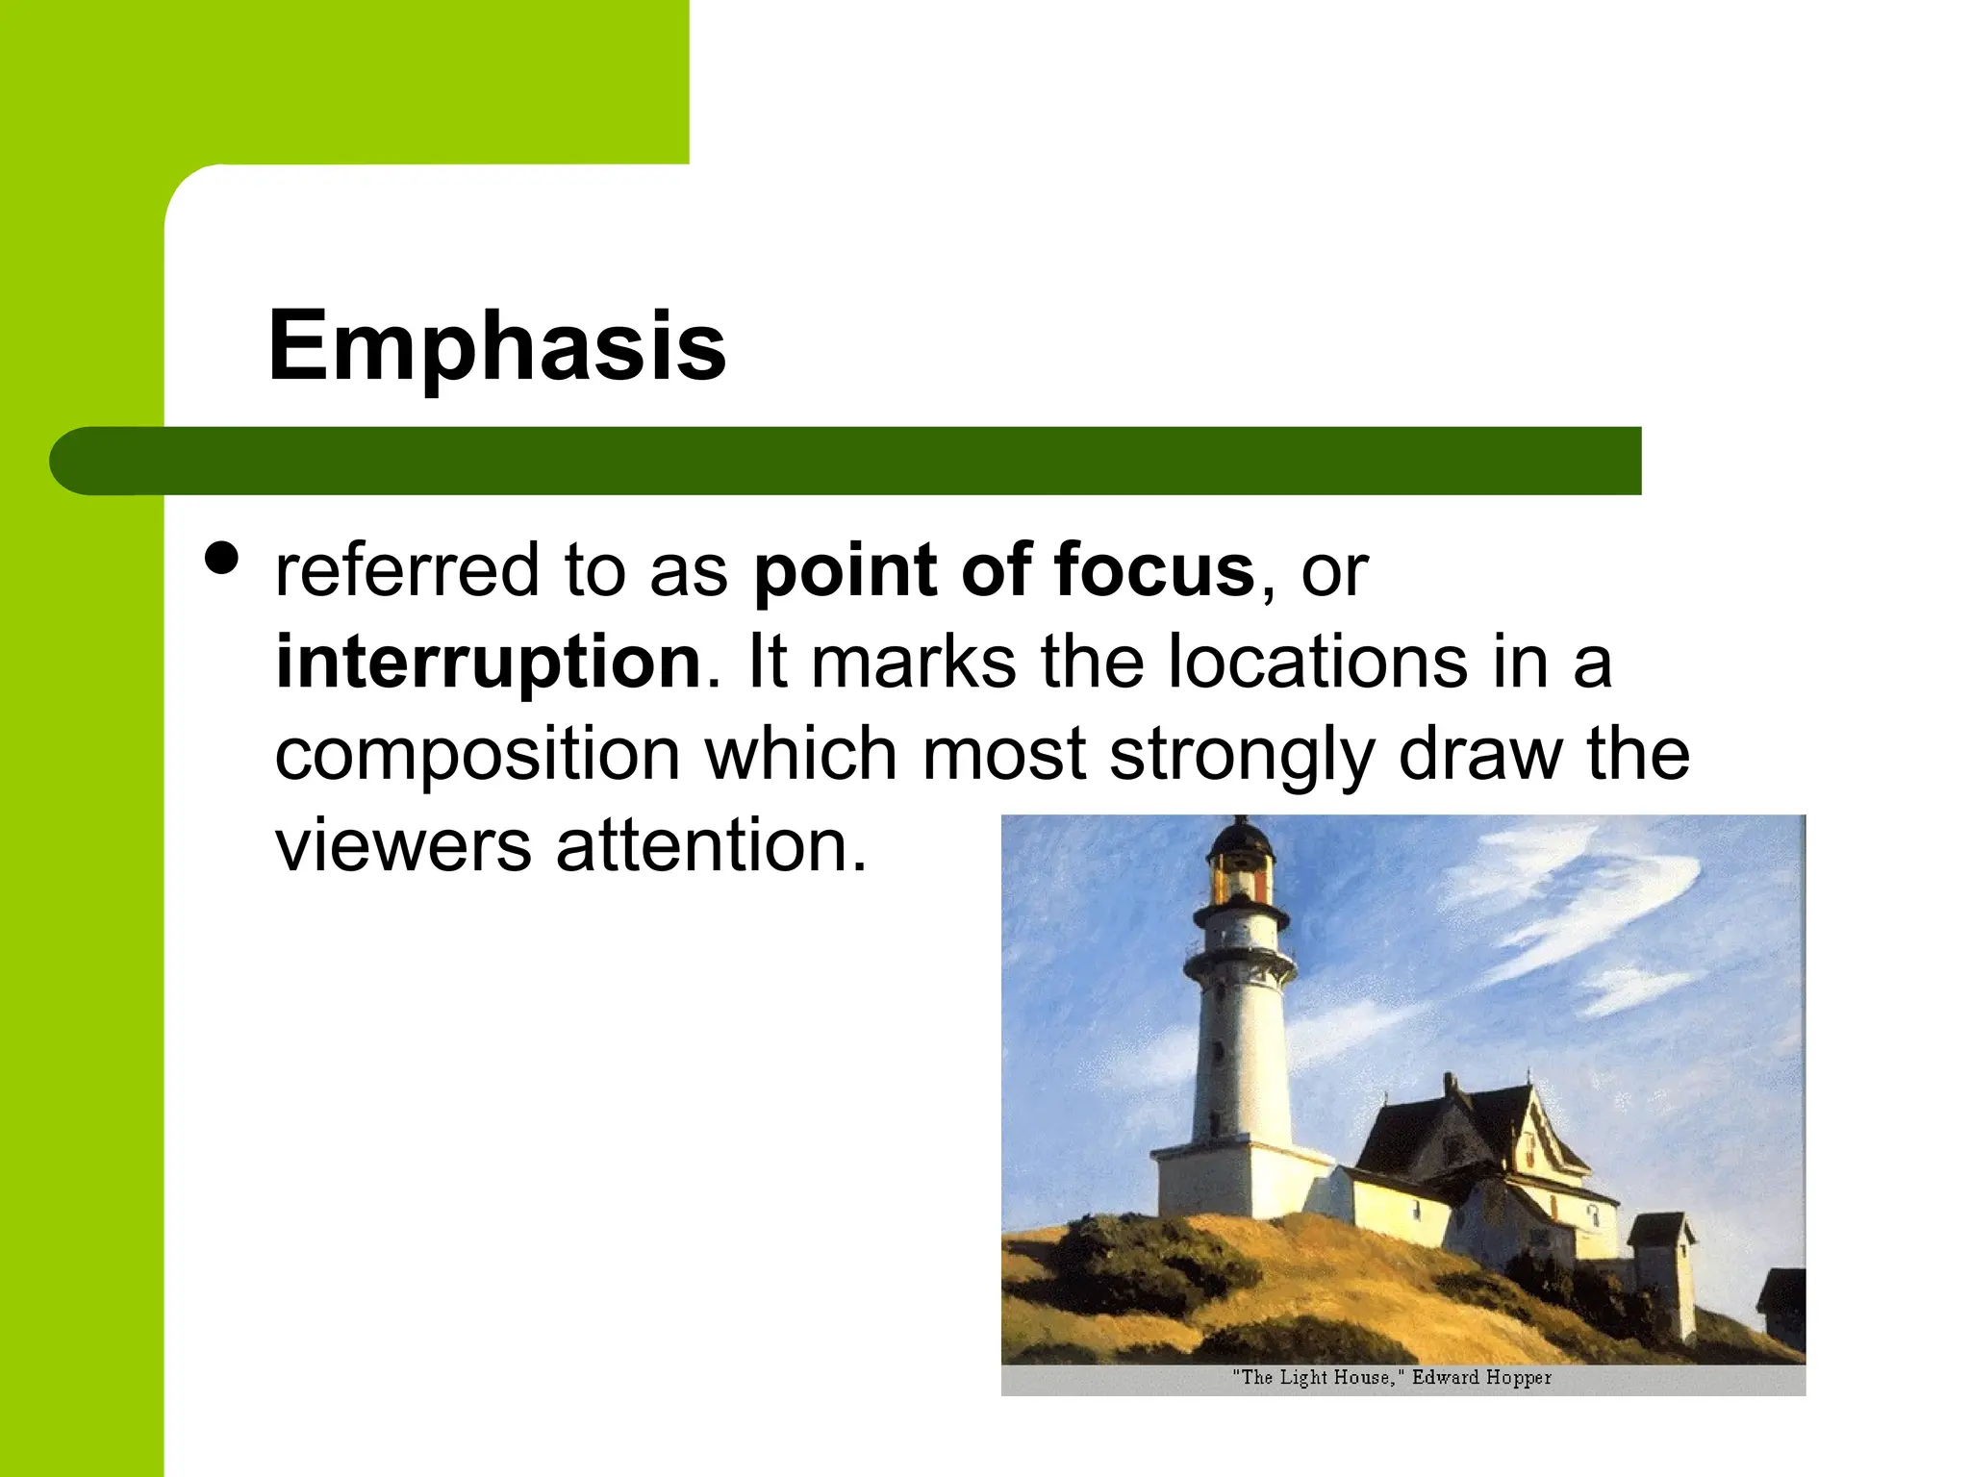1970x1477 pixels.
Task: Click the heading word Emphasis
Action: point(496,346)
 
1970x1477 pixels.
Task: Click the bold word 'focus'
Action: point(1154,570)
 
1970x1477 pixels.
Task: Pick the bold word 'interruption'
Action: point(489,663)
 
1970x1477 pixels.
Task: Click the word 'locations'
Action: point(1318,663)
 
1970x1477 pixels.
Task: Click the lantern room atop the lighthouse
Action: point(1240,865)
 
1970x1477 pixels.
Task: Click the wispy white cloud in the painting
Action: point(1578,904)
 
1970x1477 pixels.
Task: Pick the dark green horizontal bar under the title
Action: point(866,461)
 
